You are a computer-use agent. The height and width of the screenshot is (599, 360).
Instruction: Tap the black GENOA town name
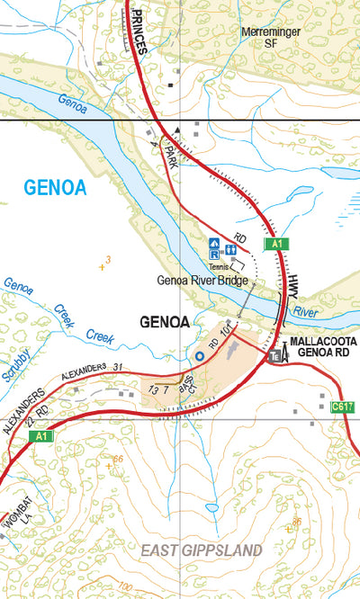166,321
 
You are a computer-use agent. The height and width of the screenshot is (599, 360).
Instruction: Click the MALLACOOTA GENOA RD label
322,348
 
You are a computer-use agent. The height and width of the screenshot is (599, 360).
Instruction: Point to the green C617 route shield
341,407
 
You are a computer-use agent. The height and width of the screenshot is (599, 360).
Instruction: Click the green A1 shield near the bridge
274,244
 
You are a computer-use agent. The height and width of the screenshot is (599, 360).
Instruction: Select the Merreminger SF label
268,35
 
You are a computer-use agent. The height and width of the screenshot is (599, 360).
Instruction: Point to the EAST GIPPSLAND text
202,550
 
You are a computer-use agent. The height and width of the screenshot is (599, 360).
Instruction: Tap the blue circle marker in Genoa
200,357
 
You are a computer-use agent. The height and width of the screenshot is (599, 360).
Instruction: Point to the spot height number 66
117,460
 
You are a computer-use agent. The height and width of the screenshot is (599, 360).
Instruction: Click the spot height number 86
296,522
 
